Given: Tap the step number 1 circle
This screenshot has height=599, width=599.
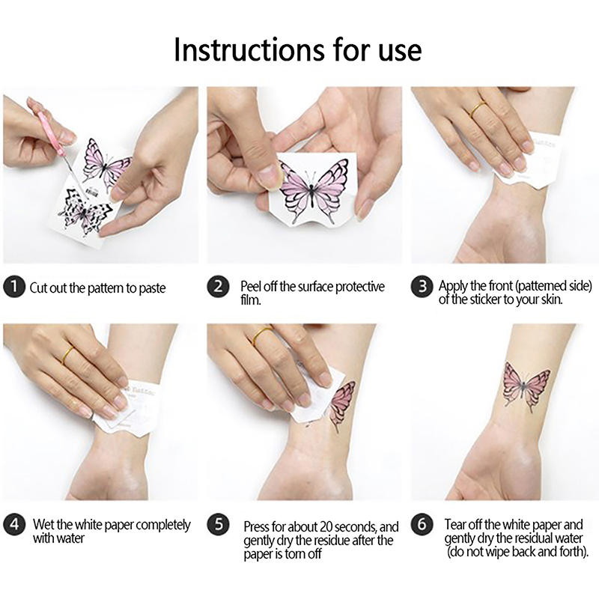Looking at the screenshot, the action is tap(14, 287).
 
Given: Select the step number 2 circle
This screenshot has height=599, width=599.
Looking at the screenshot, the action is tap(218, 287).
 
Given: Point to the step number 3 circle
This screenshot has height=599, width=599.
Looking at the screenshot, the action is tap(422, 287).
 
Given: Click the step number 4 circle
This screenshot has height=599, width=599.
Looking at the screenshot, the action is tap(14, 524).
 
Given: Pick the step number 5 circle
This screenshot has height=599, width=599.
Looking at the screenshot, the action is tap(218, 524).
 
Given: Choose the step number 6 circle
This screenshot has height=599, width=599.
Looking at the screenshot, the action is tap(422, 524).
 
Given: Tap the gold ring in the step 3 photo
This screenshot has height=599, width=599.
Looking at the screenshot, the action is tap(478, 109).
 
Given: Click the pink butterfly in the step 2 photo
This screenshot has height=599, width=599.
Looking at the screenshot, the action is tap(313, 189).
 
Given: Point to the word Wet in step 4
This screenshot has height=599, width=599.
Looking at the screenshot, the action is tap(43, 524).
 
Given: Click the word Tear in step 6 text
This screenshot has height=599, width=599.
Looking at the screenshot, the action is tap(457, 525).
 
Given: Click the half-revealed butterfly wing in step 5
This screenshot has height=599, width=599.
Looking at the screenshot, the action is tap(342, 406).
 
